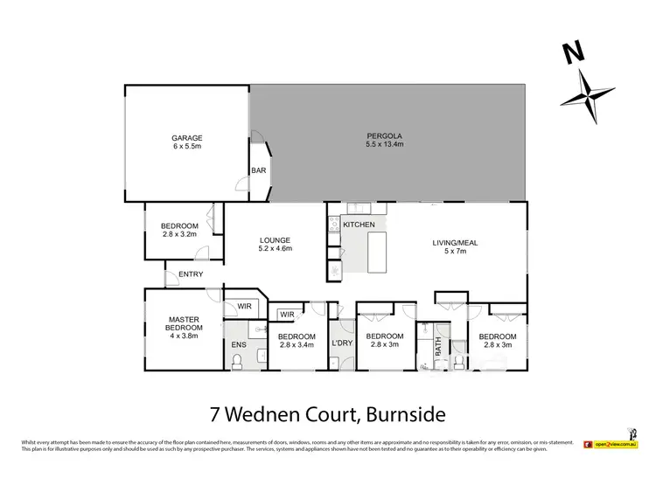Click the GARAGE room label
point(187,138)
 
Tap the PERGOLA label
point(384,136)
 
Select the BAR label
point(259,171)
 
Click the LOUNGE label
point(275,240)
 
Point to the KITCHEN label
point(359,225)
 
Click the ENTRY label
point(191,274)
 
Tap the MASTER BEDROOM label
point(184,323)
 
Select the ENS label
point(239,344)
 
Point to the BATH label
point(438,349)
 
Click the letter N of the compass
point(574,54)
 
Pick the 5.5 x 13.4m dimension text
point(384,146)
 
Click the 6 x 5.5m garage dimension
point(187,148)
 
